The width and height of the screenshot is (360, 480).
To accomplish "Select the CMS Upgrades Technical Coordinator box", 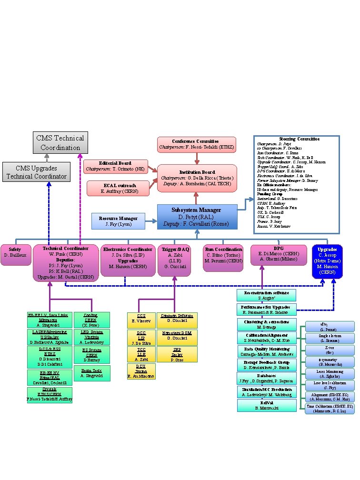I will (37, 172).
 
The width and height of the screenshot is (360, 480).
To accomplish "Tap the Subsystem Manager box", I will (197, 217).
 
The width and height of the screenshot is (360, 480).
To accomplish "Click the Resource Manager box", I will (119, 221).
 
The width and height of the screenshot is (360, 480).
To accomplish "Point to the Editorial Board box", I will (115, 166).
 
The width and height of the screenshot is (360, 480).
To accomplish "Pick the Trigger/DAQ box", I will (173, 260).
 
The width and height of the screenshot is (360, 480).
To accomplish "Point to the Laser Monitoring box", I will (330, 373).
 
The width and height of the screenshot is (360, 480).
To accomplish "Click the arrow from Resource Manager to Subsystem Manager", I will (151, 221).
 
